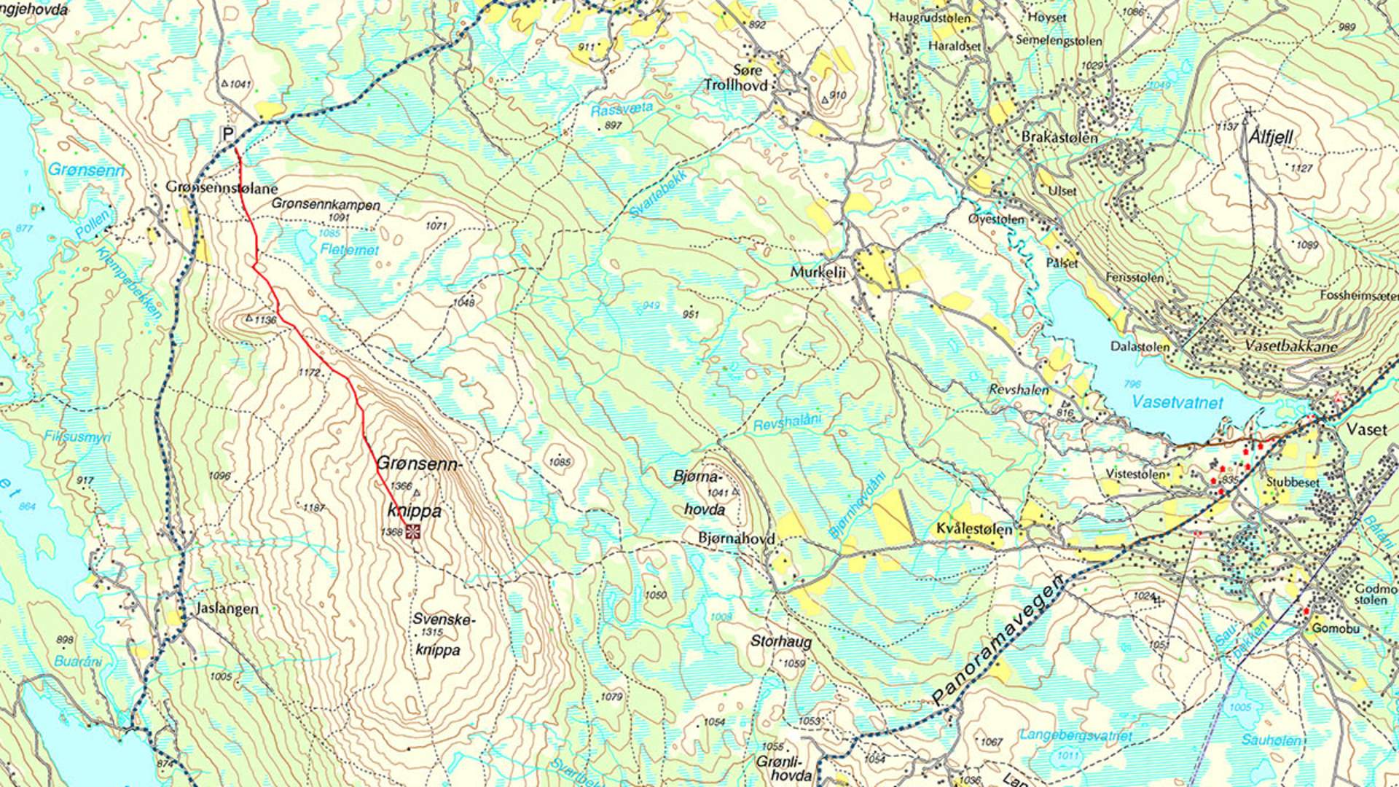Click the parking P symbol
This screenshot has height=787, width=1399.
pos(229,134)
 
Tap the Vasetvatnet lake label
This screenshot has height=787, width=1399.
pos(1177,402)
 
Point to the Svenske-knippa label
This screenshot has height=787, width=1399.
pos(442,634)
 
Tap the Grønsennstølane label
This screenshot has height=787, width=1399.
pos(222,187)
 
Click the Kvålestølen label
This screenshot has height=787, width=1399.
pos(974,529)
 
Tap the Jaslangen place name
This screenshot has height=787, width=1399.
pos(227,608)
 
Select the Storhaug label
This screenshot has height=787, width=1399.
pos(781,642)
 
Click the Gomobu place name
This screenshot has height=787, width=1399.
pos(1335,628)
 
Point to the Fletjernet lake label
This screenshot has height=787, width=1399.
pos(349,249)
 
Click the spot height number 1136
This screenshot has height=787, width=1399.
pos(266,320)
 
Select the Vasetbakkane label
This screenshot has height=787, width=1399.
pos(1291,346)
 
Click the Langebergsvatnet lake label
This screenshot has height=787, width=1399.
pos(1075,735)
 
